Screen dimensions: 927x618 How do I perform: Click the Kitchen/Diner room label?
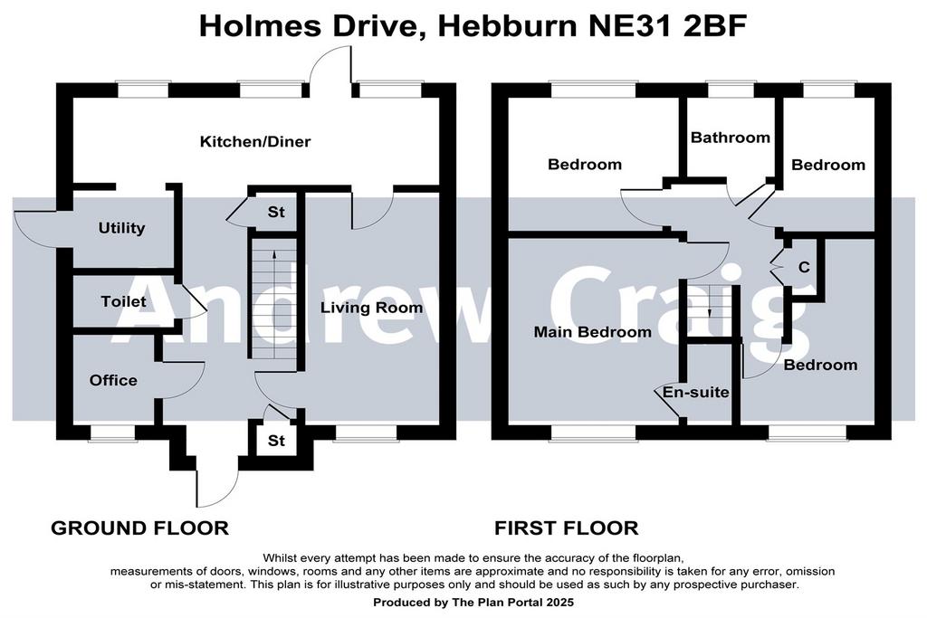pyautogui.click(x=254, y=142)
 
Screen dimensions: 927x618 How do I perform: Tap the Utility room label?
pyautogui.click(x=122, y=228)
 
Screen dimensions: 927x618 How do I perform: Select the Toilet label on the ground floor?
pyautogui.click(x=123, y=301)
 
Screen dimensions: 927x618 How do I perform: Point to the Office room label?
pyautogui.click(x=113, y=380)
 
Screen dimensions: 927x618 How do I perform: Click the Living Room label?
pyautogui.click(x=372, y=308)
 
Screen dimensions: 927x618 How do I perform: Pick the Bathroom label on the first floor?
pyautogui.click(x=731, y=138)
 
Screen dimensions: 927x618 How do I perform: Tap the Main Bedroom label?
pyautogui.click(x=592, y=332)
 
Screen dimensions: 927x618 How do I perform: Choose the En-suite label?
pyautogui.click(x=695, y=393)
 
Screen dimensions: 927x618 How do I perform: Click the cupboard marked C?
pyautogui.click(x=804, y=268)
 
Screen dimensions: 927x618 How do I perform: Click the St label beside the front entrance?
pyautogui.click(x=276, y=441)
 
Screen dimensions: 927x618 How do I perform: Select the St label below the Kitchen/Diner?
pyautogui.click(x=276, y=212)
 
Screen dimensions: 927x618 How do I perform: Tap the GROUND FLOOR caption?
pyautogui.click(x=139, y=528)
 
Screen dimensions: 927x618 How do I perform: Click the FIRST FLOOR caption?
pyautogui.click(x=567, y=528)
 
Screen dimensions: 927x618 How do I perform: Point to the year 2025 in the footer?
pyautogui.click(x=559, y=603)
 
